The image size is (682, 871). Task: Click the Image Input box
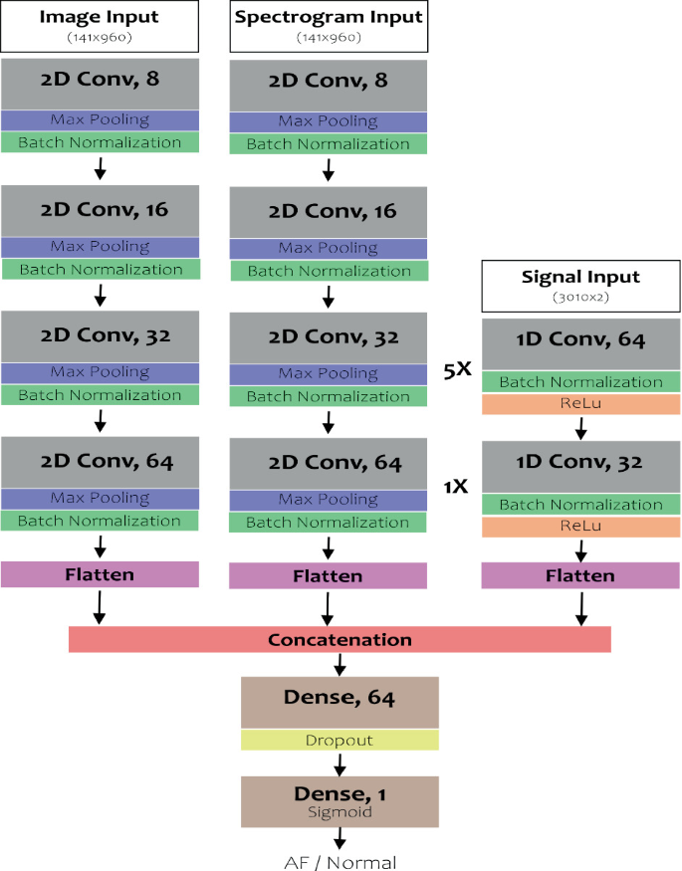point(100,26)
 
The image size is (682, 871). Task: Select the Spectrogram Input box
point(328,26)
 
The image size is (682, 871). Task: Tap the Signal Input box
point(580,285)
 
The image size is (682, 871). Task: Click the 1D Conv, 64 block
point(580,340)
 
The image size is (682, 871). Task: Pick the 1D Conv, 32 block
point(580,463)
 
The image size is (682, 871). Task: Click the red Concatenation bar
point(340,639)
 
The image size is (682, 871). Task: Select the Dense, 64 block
point(340,700)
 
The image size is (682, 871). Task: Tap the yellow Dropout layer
point(340,741)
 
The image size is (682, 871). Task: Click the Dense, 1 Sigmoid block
point(340,801)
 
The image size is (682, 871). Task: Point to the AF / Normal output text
point(340,862)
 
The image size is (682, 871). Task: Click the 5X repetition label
point(457,369)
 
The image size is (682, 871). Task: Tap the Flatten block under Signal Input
point(580,575)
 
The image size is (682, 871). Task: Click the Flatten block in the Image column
point(100,574)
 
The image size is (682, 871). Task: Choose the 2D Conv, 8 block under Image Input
point(100,84)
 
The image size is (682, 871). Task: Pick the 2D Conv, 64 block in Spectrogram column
point(328,463)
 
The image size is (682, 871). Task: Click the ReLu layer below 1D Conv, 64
point(580,404)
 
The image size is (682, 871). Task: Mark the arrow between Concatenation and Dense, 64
point(340,665)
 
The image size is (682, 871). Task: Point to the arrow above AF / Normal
point(340,841)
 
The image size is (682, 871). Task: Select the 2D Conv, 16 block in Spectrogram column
point(328,211)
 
